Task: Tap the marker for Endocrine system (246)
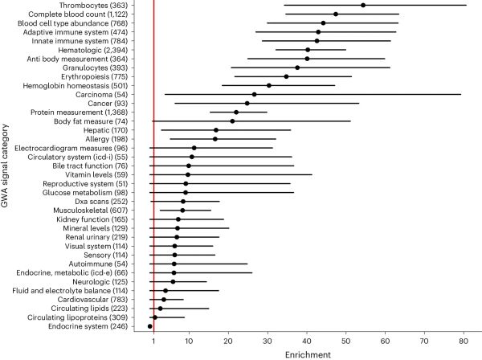click(x=150, y=326)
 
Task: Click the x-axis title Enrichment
click(x=308, y=354)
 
